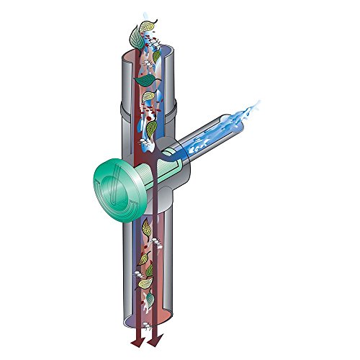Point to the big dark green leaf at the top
pos(135,33)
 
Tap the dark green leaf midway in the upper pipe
pos(151,129)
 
